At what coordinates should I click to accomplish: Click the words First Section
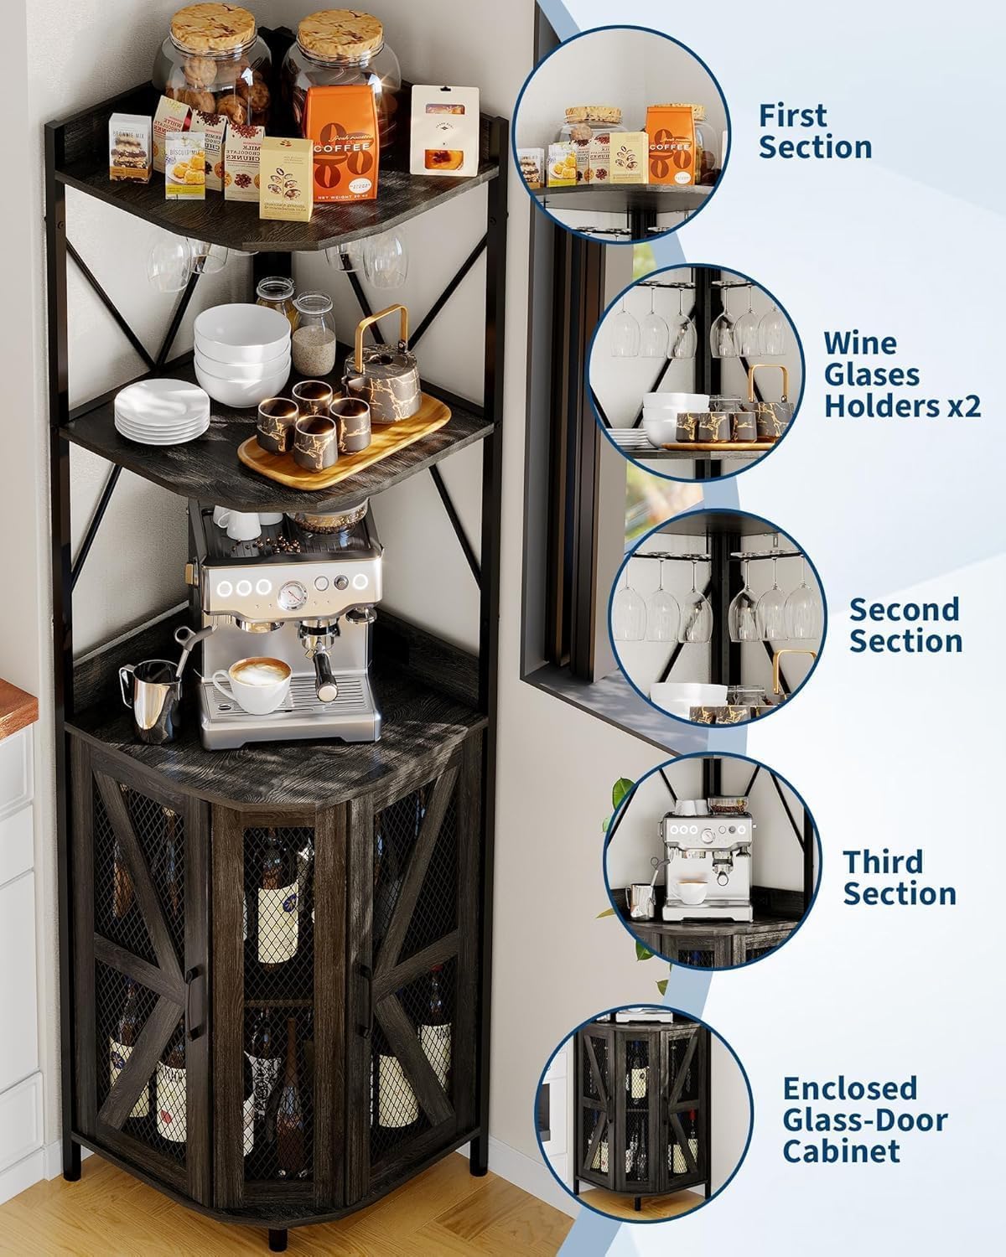point(815,132)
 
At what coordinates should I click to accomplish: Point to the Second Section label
point(905,625)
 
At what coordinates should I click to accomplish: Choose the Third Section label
point(899,877)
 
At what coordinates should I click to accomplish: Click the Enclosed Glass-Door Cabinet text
point(864,1120)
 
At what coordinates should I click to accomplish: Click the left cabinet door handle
point(192,984)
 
